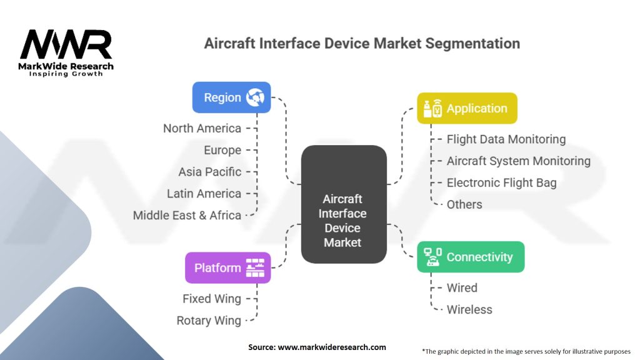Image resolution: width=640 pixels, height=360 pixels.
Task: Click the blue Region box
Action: tap(231, 97)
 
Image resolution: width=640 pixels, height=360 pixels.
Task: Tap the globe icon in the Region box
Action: tap(255, 97)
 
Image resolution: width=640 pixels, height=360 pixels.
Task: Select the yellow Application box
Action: tap(467, 108)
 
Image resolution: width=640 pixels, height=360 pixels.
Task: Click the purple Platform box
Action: tap(228, 267)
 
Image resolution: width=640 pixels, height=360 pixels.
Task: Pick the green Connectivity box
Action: tap(471, 257)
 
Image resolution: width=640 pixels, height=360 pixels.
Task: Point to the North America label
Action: tap(202, 128)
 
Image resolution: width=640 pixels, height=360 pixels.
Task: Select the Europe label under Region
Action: tap(222, 150)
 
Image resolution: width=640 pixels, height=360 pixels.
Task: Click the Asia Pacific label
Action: tap(209, 172)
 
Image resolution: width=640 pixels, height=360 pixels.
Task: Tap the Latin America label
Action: tap(204, 194)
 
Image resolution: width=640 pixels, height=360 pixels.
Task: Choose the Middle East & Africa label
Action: tap(187, 215)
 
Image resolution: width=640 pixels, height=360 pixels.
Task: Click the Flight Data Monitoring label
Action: tap(506, 139)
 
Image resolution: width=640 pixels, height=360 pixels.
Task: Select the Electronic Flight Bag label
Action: tap(501, 182)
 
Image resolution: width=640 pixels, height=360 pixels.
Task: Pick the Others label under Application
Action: tap(464, 204)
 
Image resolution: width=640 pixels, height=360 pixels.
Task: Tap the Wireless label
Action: tap(469, 309)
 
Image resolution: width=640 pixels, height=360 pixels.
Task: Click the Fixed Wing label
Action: tap(211, 299)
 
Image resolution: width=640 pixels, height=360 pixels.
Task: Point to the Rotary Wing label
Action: tap(208, 321)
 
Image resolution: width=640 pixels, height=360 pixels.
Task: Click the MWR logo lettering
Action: tap(66, 45)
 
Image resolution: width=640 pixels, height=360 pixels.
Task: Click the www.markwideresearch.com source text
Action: tap(331, 347)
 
